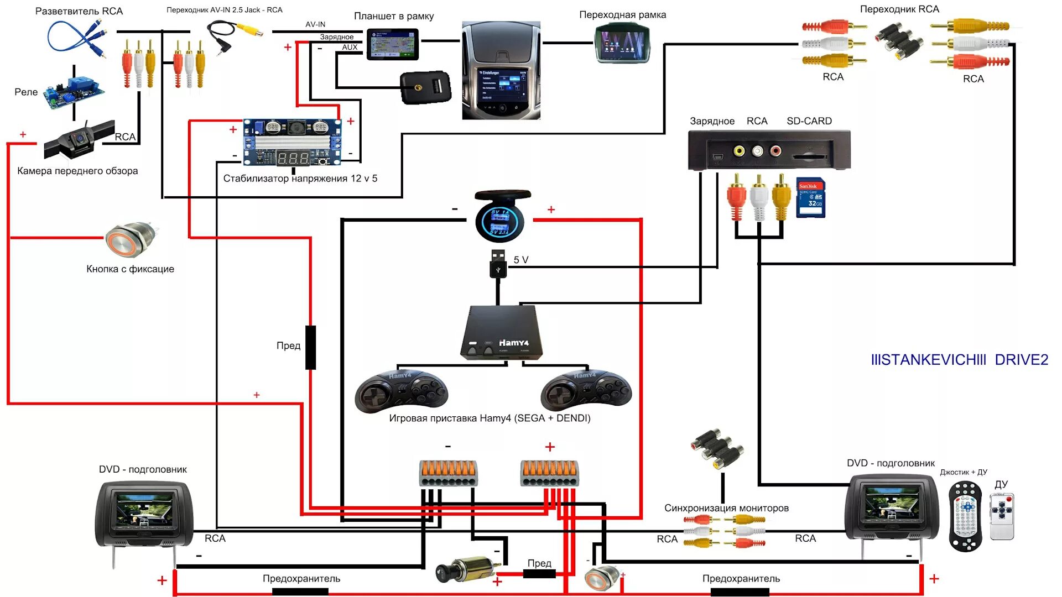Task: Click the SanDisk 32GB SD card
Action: click(810, 197)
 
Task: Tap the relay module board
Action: click(75, 92)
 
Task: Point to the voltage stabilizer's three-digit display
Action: click(293, 159)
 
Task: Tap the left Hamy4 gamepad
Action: click(401, 391)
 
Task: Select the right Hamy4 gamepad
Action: click(586, 391)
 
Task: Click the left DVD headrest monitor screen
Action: click(144, 510)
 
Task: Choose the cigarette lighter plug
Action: click(467, 569)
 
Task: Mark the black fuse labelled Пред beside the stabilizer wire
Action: click(311, 347)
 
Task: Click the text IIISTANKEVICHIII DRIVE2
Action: click(959, 360)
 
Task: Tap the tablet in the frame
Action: click(393, 44)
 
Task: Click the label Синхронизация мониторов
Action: click(726, 508)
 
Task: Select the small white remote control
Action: click(1002, 517)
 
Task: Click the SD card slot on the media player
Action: click(810, 156)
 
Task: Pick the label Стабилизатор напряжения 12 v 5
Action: click(300, 179)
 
